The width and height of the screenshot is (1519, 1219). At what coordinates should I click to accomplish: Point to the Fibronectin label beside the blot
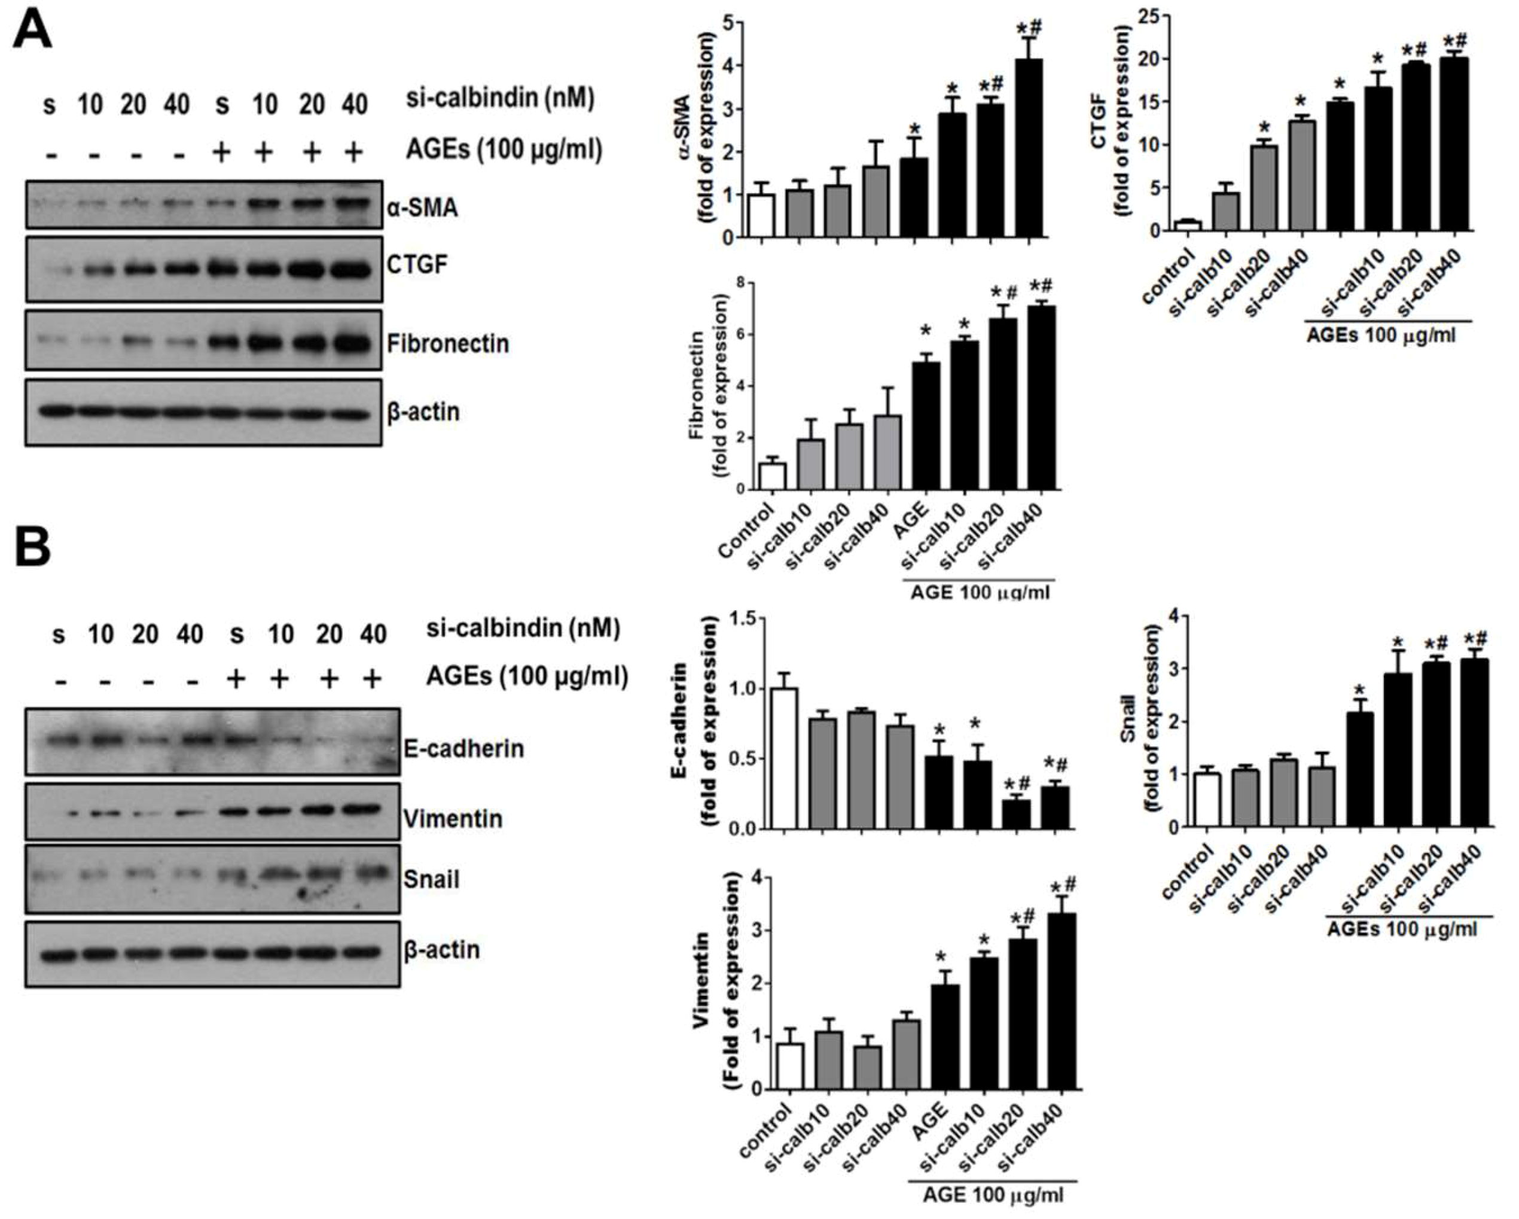[447, 344]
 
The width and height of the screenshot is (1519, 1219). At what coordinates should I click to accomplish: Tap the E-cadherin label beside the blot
[463, 748]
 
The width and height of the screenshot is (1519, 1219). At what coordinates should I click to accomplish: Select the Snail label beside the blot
[431, 879]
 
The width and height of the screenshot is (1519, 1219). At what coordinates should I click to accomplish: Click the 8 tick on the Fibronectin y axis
[739, 284]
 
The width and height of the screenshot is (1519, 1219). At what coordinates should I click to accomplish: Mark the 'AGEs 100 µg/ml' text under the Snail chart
[1401, 930]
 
